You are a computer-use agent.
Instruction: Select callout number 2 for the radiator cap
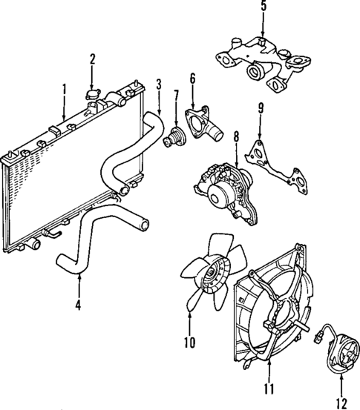pyautogui.click(x=93, y=58)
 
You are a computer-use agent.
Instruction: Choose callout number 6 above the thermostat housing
pyautogui.click(x=192, y=79)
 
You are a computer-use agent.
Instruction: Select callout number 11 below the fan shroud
pyautogui.click(x=269, y=388)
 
